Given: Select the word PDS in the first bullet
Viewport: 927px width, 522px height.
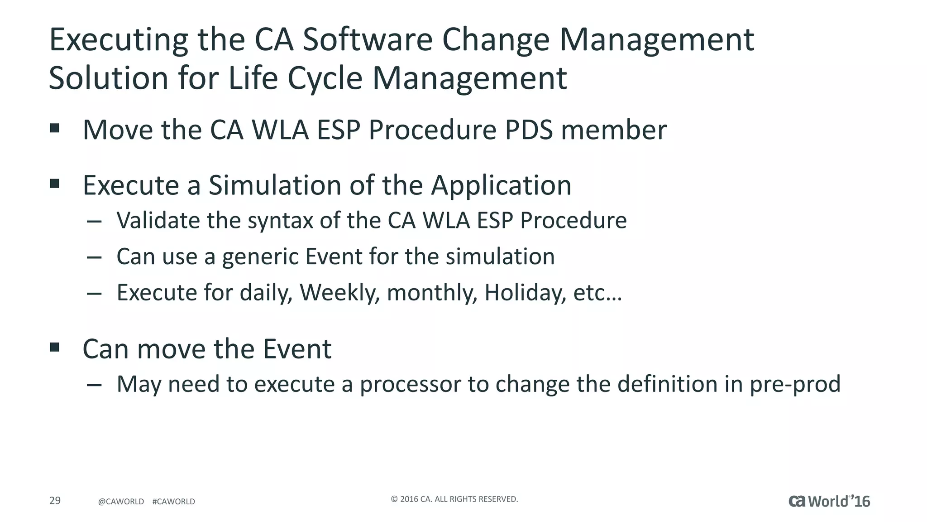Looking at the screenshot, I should tap(529, 130).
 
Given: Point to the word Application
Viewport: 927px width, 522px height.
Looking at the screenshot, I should tap(501, 186).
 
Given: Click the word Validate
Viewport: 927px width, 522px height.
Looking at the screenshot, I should tap(158, 221).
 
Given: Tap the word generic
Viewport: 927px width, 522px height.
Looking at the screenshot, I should tap(260, 257).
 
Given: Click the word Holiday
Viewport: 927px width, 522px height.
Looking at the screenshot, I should tap(525, 293).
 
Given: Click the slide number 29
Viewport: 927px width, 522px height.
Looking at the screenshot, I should tap(55, 501).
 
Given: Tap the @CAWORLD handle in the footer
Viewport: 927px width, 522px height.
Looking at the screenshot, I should tap(121, 502).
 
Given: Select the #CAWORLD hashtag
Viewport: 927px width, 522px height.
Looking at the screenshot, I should tap(174, 502).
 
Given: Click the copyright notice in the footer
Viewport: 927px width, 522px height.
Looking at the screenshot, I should tap(454, 499).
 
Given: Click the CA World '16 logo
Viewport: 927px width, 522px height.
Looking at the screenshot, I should tap(829, 501).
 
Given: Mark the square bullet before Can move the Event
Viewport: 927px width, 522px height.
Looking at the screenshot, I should tap(55, 348).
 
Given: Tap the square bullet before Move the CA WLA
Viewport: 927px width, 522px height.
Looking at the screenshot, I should tap(55, 128).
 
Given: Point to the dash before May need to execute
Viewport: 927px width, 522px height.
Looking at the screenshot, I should tap(94, 385).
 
